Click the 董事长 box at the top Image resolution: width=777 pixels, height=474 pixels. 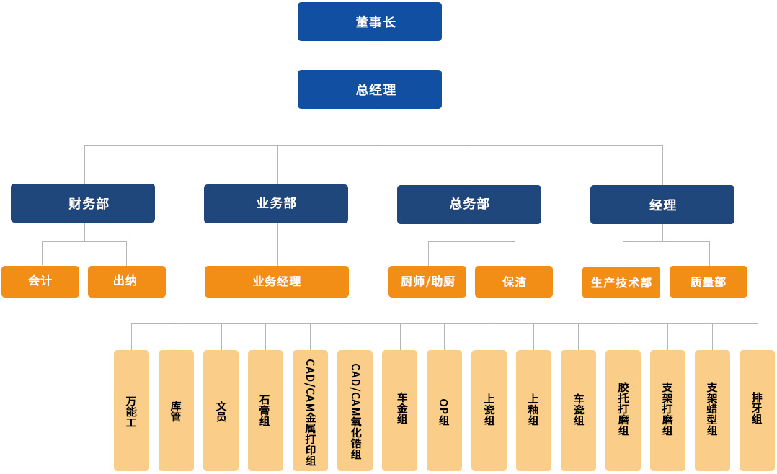click(x=369, y=22)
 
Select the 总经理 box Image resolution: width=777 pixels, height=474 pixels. click(x=369, y=89)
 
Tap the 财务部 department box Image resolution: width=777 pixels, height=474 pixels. click(x=83, y=203)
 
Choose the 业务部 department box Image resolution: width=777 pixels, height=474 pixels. click(x=276, y=204)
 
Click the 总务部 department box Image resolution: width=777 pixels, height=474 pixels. click(x=469, y=205)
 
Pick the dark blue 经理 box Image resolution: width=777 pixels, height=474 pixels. click(x=662, y=205)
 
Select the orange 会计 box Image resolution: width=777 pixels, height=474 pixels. click(x=40, y=282)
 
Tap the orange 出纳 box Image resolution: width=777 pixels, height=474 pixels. click(x=127, y=282)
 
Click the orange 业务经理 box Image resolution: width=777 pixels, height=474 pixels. click(x=277, y=282)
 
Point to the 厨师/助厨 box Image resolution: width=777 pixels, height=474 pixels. click(x=427, y=282)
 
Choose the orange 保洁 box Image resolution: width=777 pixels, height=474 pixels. click(x=514, y=282)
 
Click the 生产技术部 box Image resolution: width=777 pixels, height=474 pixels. click(x=621, y=282)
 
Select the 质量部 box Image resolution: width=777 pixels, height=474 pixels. click(x=709, y=282)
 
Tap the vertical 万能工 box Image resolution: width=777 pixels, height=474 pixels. click(x=131, y=411)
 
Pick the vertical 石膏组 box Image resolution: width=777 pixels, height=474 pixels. click(x=265, y=411)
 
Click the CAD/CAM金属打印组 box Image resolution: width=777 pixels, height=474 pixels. click(x=310, y=411)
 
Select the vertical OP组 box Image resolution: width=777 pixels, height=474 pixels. click(x=444, y=411)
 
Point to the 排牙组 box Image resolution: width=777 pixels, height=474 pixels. click(x=757, y=411)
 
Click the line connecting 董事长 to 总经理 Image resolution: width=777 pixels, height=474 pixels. click(x=376, y=55)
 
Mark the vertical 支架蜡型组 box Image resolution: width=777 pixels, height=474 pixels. click(x=712, y=411)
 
